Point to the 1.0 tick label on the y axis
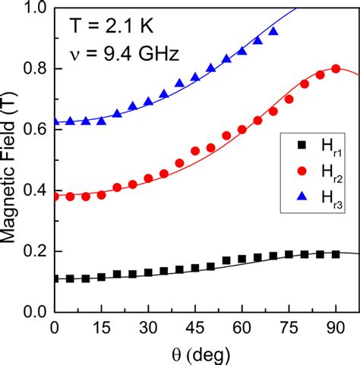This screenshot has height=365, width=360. (33, 8)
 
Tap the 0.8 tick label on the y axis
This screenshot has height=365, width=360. (33, 69)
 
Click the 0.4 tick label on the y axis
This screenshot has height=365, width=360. (33, 190)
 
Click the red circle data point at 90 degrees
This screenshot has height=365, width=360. (336, 69)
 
